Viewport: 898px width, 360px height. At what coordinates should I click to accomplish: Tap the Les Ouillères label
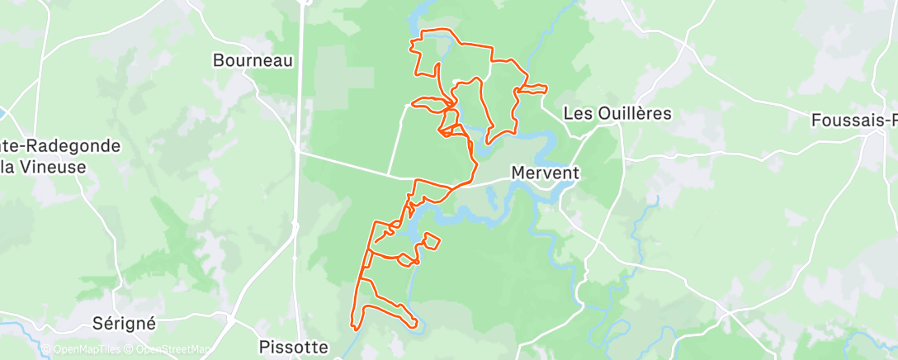click(617, 114)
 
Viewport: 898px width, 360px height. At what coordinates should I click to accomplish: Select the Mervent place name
click(546, 174)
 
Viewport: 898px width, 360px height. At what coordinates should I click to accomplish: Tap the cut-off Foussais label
click(855, 120)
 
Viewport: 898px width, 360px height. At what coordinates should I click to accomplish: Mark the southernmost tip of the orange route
click(354, 329)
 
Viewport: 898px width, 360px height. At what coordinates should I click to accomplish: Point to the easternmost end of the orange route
click(546, 87)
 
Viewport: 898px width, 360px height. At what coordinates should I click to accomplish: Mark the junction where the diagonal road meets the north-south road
click(299, 151)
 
